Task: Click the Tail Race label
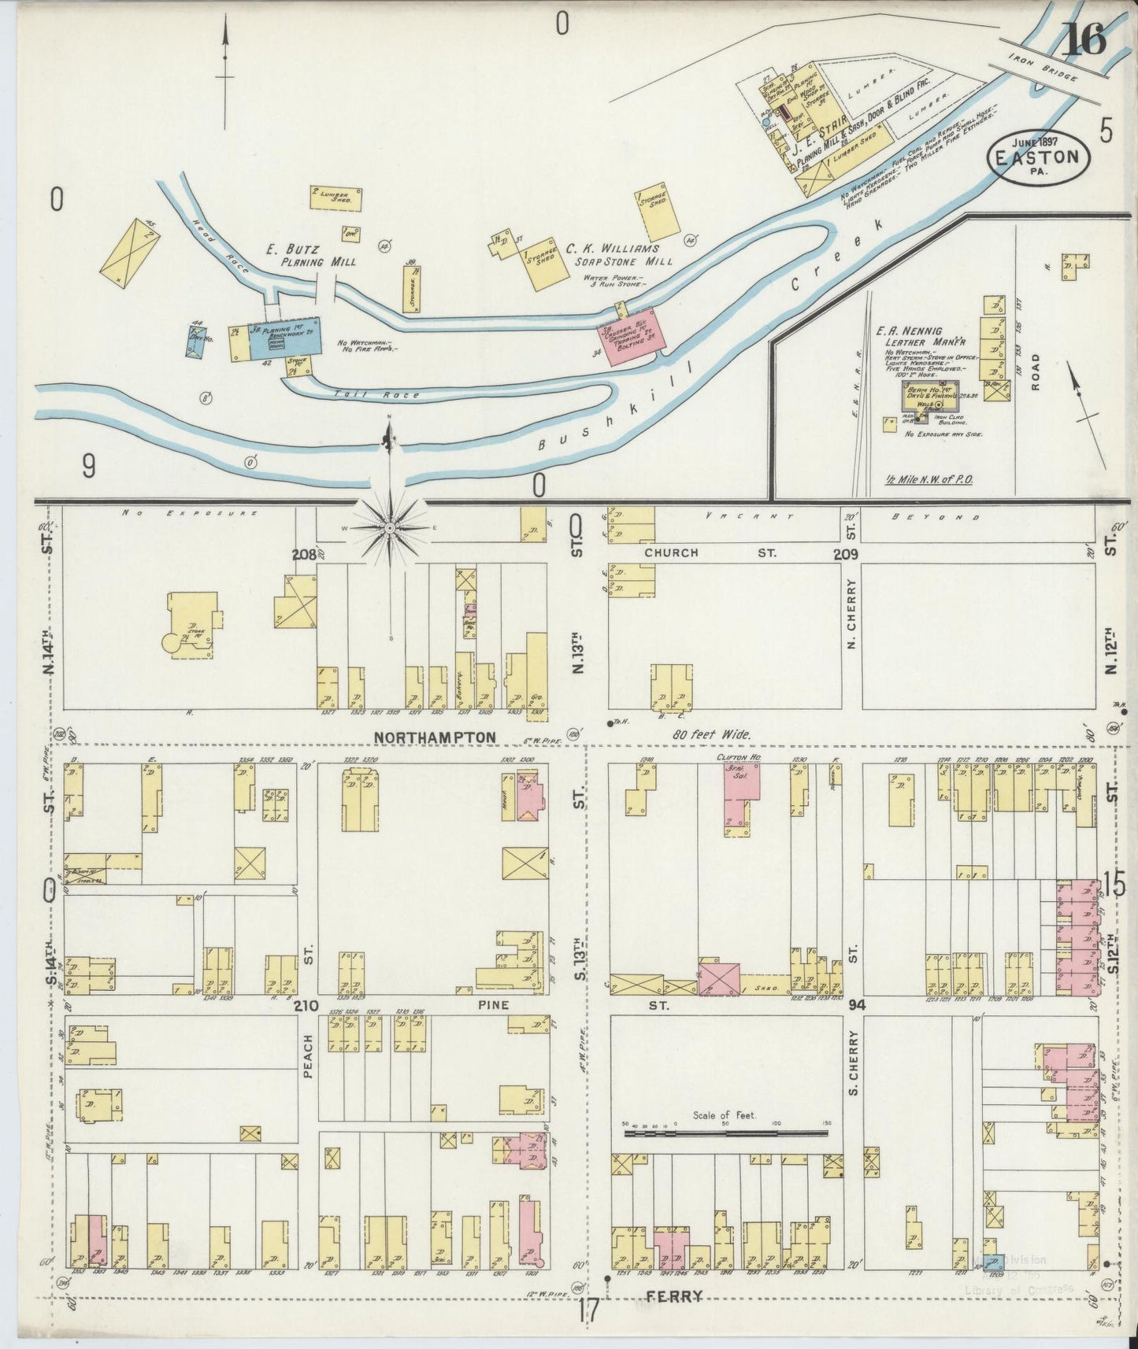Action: [x=365, y=394]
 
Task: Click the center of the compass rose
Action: [x=389, y=527]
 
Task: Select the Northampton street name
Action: [x=436, y=737]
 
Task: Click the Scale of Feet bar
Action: [x=725, y=1133]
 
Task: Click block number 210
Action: [x=306, y=1007]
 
